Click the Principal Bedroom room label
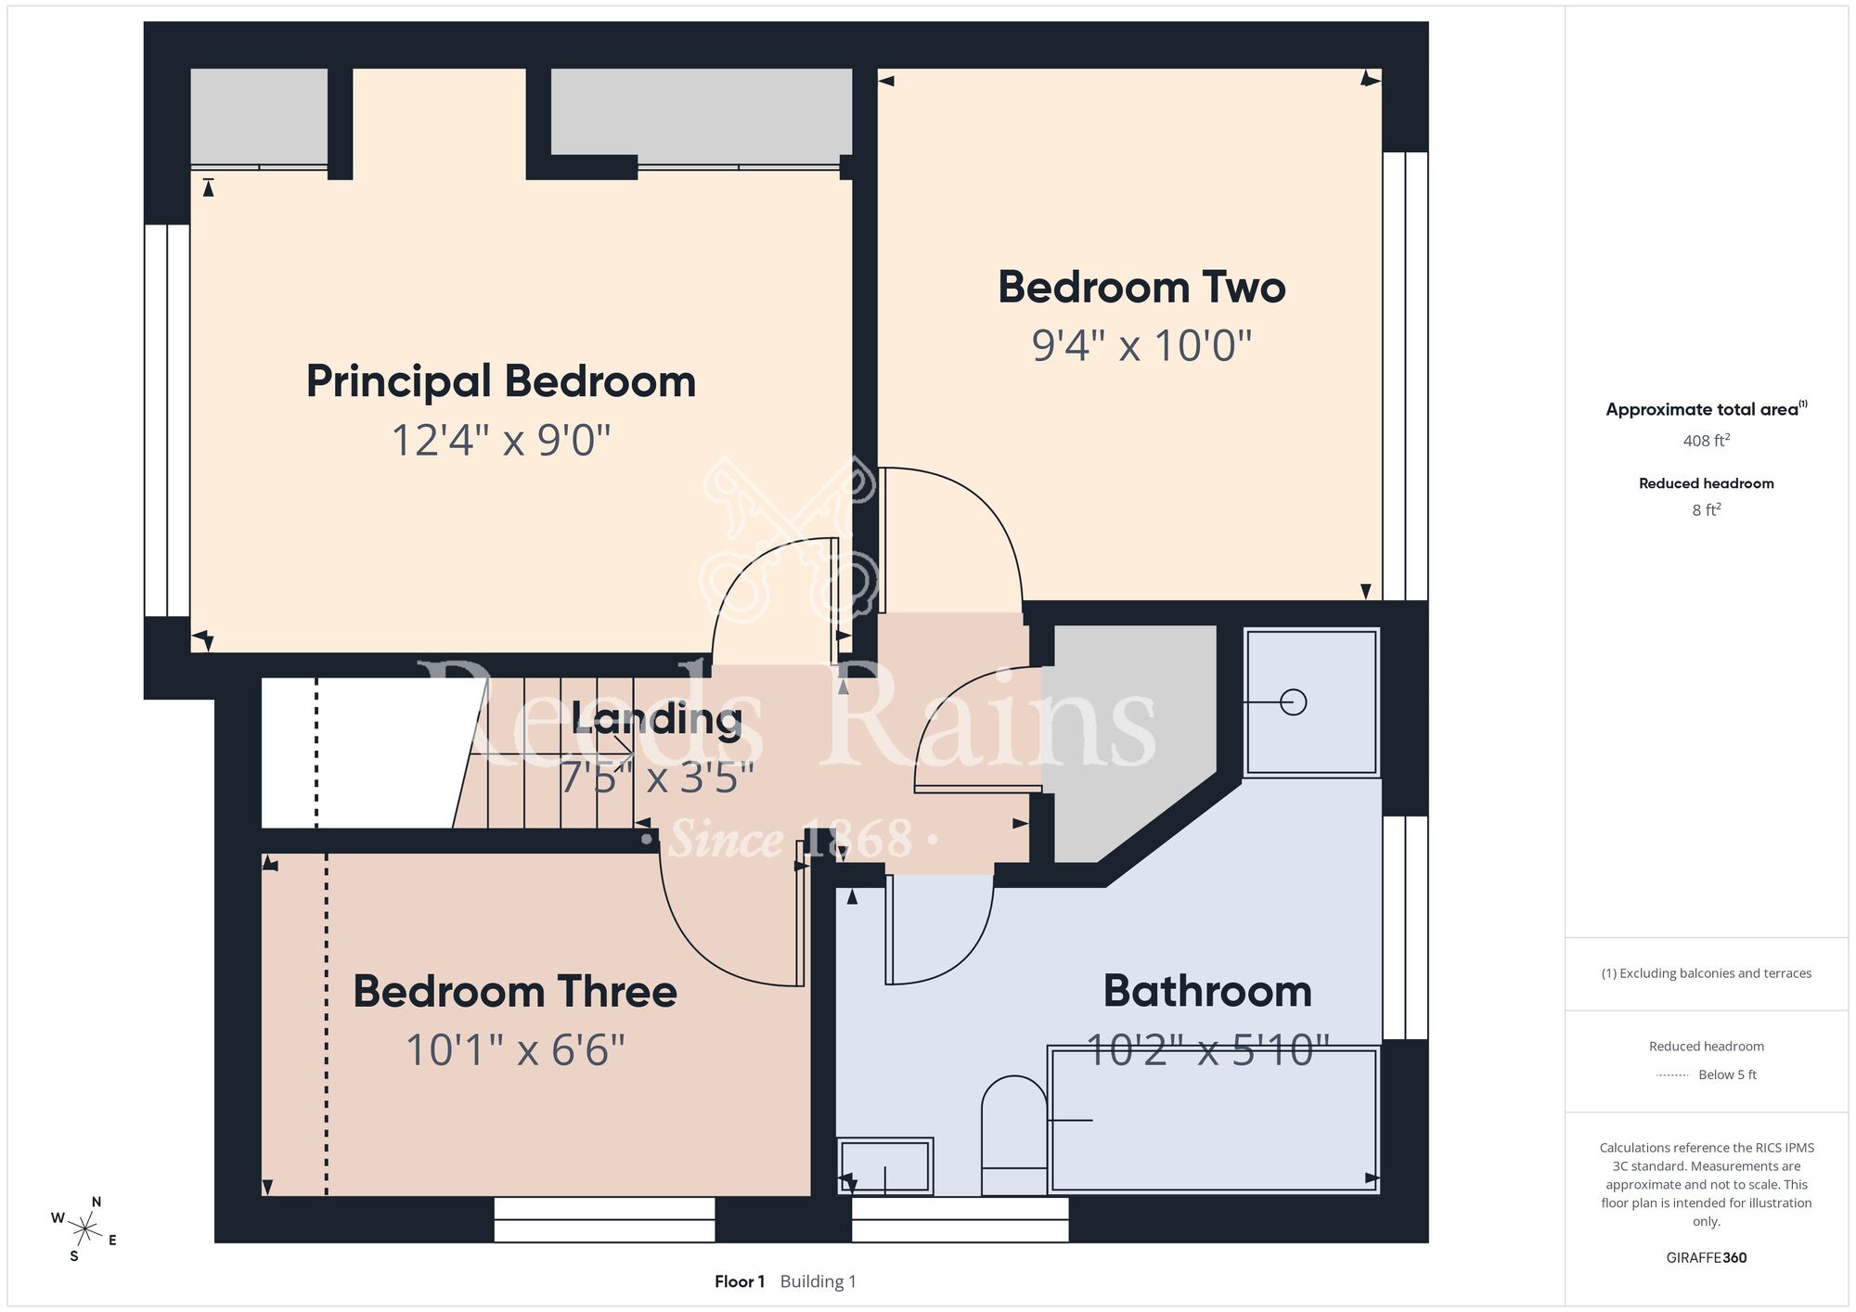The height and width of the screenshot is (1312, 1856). [501, 382]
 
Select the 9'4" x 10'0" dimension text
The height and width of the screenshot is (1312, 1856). [1141, 346]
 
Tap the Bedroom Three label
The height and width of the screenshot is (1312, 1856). [515, 992]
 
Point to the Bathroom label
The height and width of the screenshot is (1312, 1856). [1207, 991]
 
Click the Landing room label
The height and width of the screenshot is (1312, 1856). [657, 719]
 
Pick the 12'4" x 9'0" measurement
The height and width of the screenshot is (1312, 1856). [501, 441]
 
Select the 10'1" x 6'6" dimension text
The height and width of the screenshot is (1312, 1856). [515, 1050]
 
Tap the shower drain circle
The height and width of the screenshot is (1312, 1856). [1293, 702]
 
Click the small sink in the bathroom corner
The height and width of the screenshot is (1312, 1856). [884, 1165]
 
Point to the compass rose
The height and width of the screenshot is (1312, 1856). [84, 1230]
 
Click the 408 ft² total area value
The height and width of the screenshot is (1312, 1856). [1706, 441]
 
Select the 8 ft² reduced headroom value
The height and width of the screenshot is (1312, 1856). [1706, 509]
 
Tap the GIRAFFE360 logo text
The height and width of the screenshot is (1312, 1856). [1706, 1258]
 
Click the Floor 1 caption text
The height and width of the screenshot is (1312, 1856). [740, 1281]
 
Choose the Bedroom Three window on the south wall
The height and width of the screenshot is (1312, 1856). [604, 1219]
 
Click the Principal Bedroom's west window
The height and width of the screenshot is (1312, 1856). [167, 420]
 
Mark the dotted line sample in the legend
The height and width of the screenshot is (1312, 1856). [1672, 1075]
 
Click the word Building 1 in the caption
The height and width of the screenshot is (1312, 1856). [818, 1281]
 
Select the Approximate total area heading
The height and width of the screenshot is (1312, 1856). [1706, 409]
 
